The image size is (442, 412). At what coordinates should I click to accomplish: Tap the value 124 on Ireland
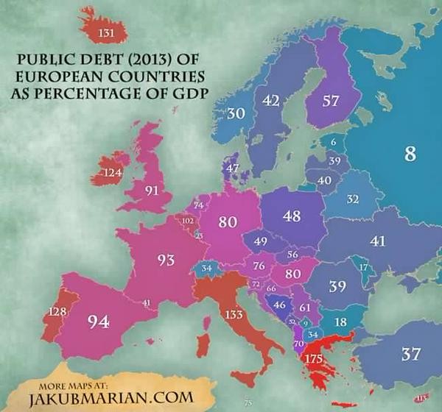click(x=113, y=174)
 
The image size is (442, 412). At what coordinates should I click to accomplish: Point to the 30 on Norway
click(x=236, y=114)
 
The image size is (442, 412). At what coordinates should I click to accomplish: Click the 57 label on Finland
click(x=331, y=102)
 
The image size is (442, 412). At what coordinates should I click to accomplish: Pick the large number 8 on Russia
click(x=410, y=154)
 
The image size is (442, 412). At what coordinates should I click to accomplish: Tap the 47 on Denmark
click(x=233, y=168)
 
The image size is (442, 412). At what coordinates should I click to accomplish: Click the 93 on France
click(x=166, y=260)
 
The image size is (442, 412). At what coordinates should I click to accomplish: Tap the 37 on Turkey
click(x=411, y=354)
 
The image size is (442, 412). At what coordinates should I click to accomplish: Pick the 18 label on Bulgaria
click(x=341, y=322)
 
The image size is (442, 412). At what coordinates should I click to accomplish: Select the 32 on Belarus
click(x=353, y=199)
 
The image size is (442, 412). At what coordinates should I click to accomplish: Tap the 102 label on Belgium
click(x=188, y=221)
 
